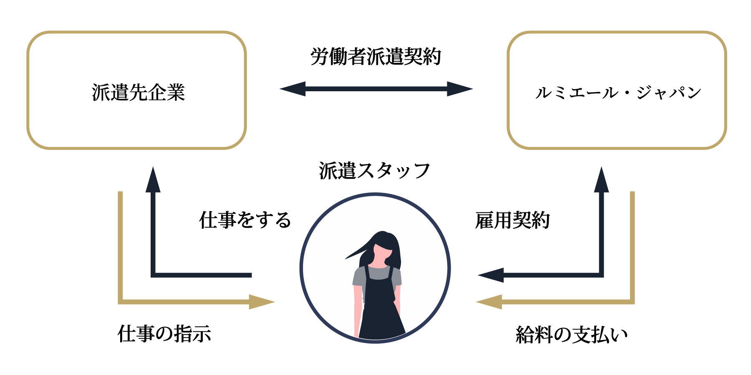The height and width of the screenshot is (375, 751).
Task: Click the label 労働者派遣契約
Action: [375, 57]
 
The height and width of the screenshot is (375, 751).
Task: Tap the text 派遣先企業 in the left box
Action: [138, 92]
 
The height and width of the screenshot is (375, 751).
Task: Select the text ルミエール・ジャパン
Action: [618, 92]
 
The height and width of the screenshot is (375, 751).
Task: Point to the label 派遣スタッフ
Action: [374, 171]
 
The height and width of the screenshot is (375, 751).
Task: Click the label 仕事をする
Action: [245, 220]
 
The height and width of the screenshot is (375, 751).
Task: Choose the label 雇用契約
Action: [512, 220]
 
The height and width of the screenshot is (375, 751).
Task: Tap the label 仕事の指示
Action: [164, 334]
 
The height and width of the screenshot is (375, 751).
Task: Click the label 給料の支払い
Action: [572, 335]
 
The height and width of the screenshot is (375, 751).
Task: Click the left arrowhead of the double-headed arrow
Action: [292, 89]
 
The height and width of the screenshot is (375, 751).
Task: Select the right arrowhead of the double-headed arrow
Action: [460, 89]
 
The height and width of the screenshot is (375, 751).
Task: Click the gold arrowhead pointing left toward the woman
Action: [489, 302]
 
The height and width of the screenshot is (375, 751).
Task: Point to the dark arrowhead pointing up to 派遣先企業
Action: [153, 180]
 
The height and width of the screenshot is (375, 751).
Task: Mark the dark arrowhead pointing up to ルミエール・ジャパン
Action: [601, 180]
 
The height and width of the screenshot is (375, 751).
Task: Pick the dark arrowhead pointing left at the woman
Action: [491, 275]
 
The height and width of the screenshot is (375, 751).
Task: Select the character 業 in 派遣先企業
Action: [176, 92]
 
